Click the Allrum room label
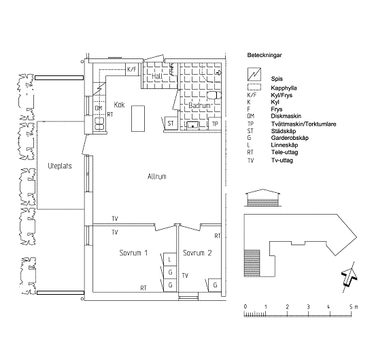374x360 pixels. coord(156,177)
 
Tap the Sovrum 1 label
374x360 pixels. coord(133,253)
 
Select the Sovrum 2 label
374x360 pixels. coord(197,253)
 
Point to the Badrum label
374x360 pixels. coord(200,105)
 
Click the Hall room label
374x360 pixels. coord(157,76)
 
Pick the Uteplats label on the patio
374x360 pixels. coord(60,166)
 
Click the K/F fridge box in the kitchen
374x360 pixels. coord(132,69)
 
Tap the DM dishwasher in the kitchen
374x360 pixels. coord(99,108)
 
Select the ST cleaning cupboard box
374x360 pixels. coord(171,123)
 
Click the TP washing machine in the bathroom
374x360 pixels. coord(215,124)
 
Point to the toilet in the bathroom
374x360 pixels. coord(214,95)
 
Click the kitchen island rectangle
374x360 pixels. coord(138,118)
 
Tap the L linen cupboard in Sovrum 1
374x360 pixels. coord(169,259)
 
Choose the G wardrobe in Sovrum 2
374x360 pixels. coord(215,285)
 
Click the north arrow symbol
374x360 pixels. coord(350,277)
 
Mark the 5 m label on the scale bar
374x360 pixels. coord(354,307)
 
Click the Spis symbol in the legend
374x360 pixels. coord(254,74)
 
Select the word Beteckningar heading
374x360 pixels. coord(265,55)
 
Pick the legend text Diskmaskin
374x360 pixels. coord(286,116)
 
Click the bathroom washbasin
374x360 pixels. coord(192,125)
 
